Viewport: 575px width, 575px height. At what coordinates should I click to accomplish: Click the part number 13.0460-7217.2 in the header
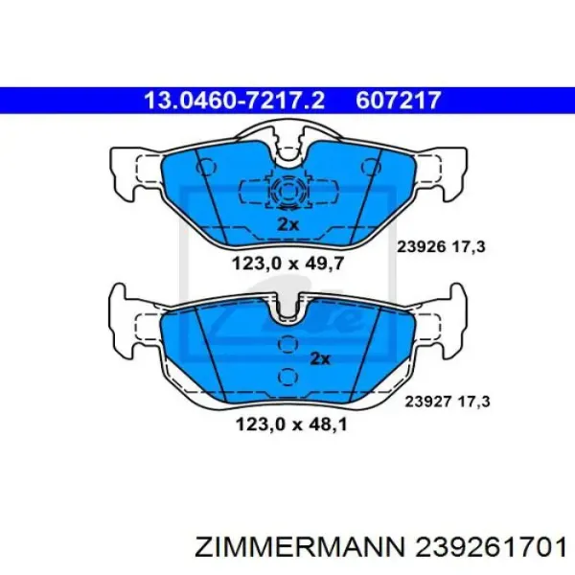235,100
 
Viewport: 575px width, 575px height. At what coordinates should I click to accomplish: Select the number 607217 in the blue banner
398,100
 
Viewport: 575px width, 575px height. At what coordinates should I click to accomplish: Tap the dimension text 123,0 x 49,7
287,264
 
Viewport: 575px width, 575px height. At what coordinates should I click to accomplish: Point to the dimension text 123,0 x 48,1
291,425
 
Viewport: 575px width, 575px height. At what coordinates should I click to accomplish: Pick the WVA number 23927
427,402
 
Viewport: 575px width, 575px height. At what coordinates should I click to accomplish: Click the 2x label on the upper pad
287,224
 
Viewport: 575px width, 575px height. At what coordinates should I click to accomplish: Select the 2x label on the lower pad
320,358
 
